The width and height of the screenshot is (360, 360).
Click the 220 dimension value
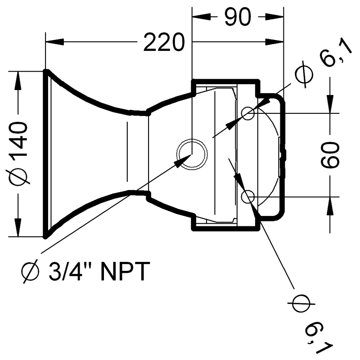point(164,42)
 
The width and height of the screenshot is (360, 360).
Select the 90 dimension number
point(238,17)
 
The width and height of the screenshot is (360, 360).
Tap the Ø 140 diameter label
point(19,153)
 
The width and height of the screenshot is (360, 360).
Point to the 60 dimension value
point(330,155)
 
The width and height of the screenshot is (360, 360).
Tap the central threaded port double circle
point(192,139)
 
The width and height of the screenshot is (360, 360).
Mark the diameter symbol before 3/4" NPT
point(30,272)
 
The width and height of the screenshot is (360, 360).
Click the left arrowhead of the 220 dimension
point(54,42)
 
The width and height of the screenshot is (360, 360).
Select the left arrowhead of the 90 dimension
point(201,17)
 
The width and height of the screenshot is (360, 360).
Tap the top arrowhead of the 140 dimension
point(18,81)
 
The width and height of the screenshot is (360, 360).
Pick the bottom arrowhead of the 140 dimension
point(18,227)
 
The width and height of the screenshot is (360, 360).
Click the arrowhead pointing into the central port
point(183,161)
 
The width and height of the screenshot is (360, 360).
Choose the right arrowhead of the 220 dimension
point(274,42)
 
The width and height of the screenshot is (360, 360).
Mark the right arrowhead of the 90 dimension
point(274,17)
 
